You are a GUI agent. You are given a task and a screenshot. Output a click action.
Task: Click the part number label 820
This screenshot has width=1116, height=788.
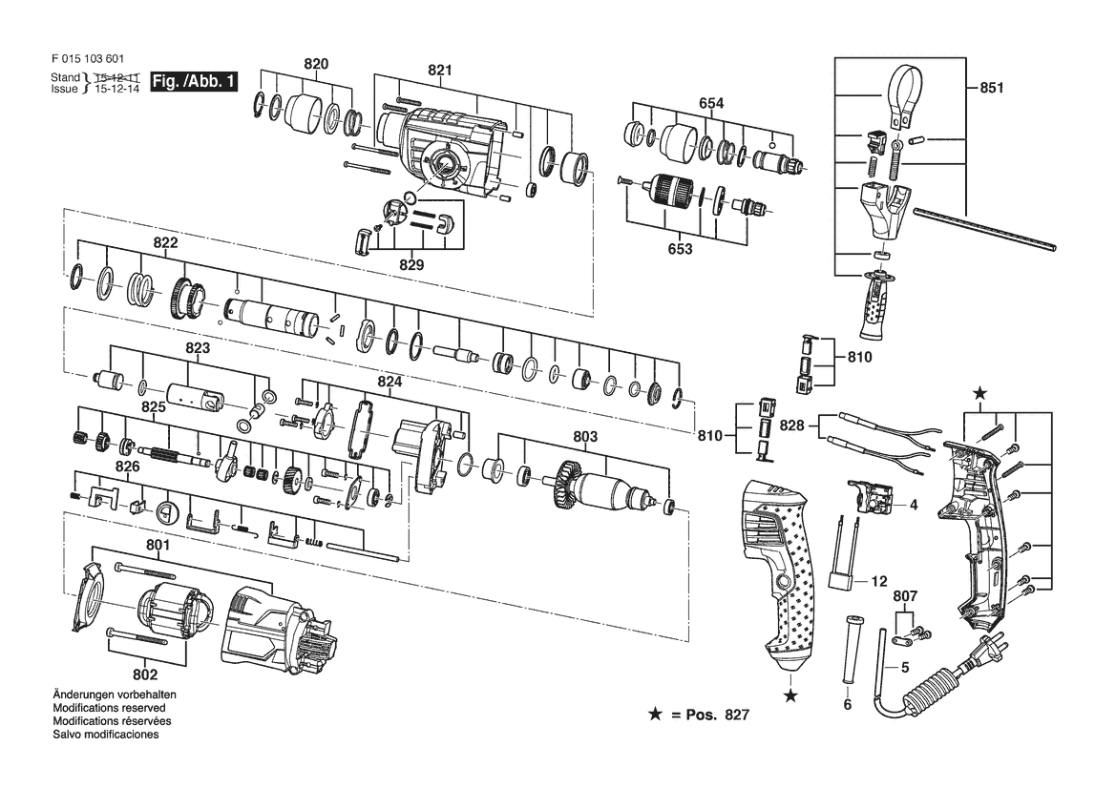point(316,64)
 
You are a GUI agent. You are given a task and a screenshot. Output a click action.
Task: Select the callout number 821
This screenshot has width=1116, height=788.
point(440,70)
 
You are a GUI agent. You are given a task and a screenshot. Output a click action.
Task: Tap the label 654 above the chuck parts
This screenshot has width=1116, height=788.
point(711,103)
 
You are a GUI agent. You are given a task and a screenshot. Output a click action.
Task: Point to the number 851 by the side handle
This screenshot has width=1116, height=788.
point(992,88)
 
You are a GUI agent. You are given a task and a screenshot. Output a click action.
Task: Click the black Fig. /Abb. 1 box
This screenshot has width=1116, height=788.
point(194,82)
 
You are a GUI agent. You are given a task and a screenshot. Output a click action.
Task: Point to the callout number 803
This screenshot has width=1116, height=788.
point(585,436)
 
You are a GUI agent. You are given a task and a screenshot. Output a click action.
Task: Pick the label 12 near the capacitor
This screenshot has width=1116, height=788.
point(879,581)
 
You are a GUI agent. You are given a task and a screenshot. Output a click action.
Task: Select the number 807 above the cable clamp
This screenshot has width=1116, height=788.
point(905,596)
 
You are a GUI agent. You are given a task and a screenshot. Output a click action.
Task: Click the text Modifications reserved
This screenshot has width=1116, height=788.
point(110,708)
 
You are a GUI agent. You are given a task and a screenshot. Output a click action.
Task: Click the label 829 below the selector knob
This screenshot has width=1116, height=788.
point(411,264)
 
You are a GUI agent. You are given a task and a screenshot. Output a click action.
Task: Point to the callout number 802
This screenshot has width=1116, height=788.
point(144,674)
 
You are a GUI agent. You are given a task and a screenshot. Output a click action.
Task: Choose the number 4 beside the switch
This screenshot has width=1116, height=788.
point(914,505)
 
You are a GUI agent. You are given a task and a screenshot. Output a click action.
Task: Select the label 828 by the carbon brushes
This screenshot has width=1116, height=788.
point(791,425)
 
